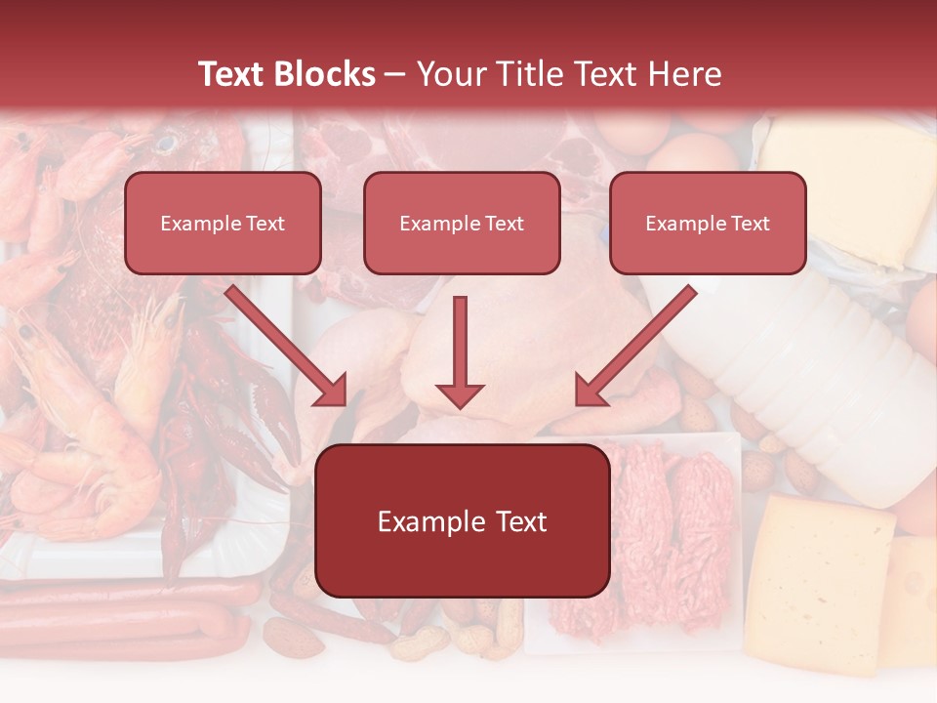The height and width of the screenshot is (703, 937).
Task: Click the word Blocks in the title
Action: pos(327,74)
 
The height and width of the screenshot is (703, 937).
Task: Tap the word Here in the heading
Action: pos(685,74)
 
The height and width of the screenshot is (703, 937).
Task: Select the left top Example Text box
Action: pos(223,223)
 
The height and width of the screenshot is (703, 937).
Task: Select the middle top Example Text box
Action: pos(462,223)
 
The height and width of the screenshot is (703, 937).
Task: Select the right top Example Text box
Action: pos(708,223)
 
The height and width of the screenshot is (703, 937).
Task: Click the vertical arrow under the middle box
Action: pos(460,351)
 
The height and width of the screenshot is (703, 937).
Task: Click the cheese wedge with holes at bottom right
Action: pos(825,581)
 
